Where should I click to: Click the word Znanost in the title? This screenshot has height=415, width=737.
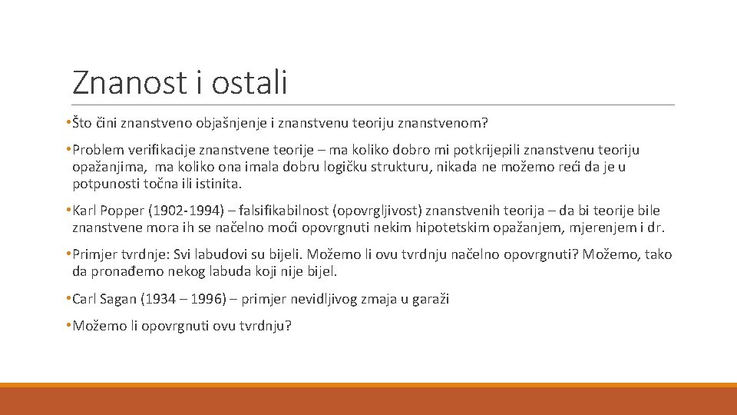tap(128, 82)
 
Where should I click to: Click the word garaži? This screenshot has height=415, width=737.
tap(431, 299)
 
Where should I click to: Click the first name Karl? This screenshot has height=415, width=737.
tap(85, 211)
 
